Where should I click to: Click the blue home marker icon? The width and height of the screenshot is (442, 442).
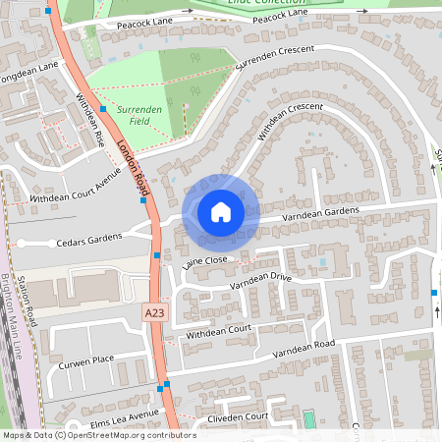pos(221,211)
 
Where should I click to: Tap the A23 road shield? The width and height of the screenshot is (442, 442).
pos(152,312)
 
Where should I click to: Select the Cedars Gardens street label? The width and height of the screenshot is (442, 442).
pos(91,238)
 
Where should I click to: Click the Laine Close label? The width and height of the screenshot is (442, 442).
pos(204,262)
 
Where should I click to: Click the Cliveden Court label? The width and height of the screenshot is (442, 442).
pos(231,418)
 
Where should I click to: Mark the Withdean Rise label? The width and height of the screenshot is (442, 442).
pos(91,120)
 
